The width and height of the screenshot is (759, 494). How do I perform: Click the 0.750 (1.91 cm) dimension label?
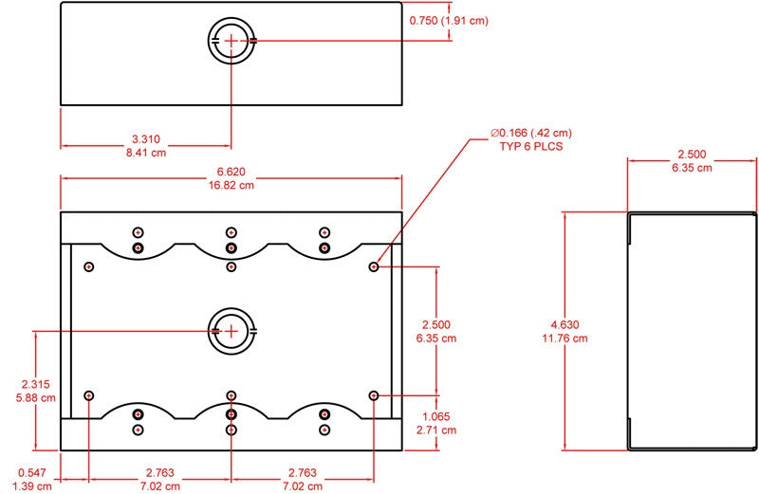click(449, 20)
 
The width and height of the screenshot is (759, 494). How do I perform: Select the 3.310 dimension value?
click(146, 139)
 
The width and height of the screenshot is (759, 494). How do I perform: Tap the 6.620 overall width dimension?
click(231, 172)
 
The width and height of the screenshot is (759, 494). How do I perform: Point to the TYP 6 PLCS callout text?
click(531, 146)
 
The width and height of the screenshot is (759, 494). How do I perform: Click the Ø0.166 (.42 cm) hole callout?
click(531, 133)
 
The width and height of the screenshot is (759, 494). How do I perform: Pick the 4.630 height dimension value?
click(565, 324)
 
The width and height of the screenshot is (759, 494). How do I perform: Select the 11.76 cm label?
click(565, 338)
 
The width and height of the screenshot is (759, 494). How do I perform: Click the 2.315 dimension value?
click(35, 384)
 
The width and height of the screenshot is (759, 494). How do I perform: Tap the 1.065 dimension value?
click(436, 416)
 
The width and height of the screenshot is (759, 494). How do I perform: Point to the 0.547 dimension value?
click(32, 473)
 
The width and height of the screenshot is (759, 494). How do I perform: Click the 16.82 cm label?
click(231, 185)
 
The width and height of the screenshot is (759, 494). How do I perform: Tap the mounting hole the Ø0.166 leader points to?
click(373, 266)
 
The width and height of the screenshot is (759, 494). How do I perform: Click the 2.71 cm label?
click(436, 430)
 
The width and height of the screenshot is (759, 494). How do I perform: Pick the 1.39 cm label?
click(32, 486)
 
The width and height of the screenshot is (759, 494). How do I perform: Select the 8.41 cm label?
click(146, 153)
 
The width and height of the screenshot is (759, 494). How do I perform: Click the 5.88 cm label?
click(35, 397)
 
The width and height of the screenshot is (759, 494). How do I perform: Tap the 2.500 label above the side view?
click(692, 155)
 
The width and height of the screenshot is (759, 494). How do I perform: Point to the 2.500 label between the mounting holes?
click(436, 324)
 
